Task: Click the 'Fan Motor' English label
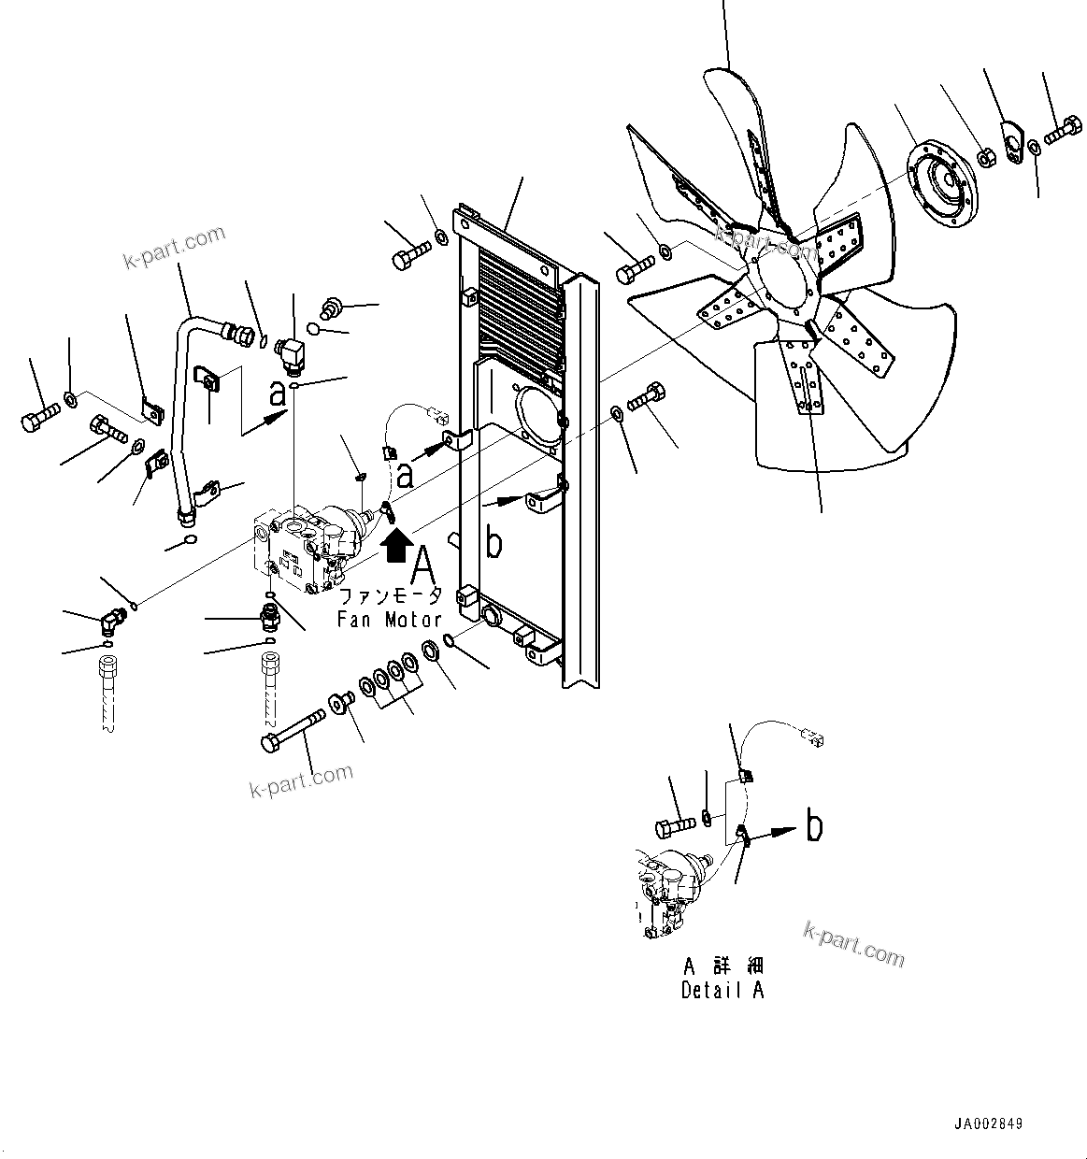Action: coord(390,619)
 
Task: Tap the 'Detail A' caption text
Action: coord(722,991)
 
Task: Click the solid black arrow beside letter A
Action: coord(395,542)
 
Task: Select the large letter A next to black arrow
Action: coord(423,566)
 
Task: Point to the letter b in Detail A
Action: coord(815,826)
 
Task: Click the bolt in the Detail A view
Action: coord(675,825)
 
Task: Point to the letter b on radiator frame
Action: coord(494,545)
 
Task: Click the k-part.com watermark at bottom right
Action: coord(854,944)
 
